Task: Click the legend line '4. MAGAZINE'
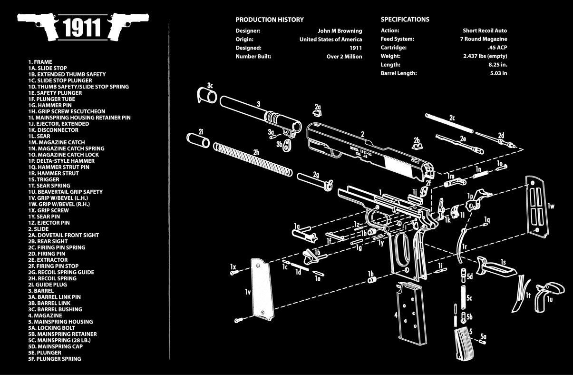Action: [45, 316]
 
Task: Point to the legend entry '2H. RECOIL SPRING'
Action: [52, 278]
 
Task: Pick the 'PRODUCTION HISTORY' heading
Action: [270, 20]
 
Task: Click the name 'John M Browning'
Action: [340, 31]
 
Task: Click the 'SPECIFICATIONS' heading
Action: [405, 20]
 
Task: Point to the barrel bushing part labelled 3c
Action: [206, 95]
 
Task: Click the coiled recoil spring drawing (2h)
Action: [252, 159]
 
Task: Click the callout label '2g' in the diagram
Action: [316, 174]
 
